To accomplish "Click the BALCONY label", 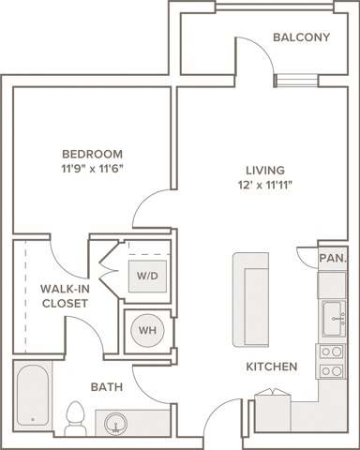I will (301, 37).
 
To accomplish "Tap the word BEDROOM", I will (92, 154).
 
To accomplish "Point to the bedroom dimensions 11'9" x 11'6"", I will (92, 168).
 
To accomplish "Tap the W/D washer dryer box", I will (147, 276).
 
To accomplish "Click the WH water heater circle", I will (147, 330).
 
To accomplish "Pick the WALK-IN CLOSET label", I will (65, 296).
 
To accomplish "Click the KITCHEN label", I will (272, 367).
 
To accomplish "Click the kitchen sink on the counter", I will (332, 317).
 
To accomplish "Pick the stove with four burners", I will (332, 361).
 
